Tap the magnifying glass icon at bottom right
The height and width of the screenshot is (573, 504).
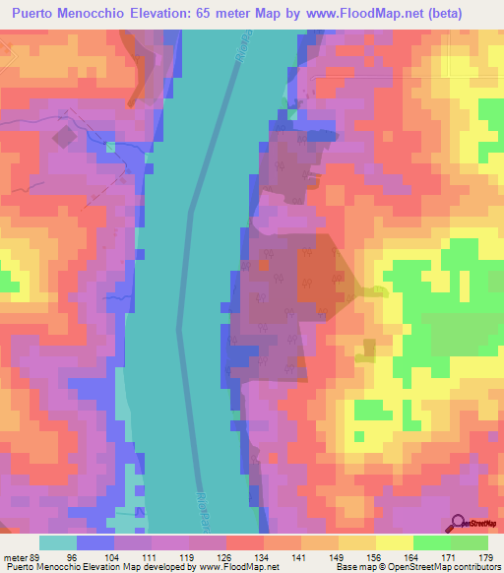point(458,521)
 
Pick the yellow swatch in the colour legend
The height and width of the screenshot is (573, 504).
point(394,542)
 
